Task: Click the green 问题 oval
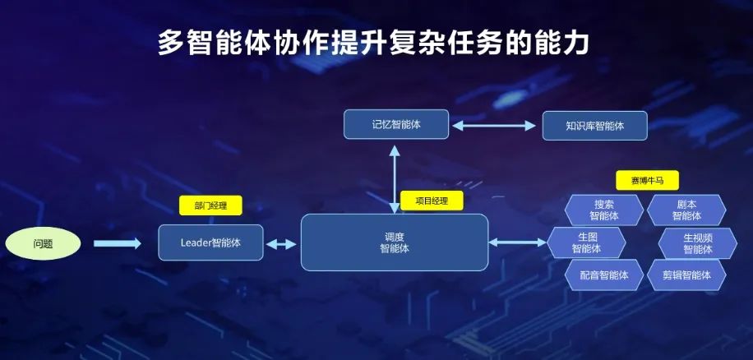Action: pos(43,243)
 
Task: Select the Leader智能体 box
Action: pos(210,242)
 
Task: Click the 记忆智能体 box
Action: pos(396,125)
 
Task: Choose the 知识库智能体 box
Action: pos(594,126)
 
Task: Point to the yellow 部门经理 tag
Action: pos(210,206)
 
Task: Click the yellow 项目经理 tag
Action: pos(432,201)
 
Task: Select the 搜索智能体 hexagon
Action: pos(604,210)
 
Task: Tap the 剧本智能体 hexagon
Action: pos(686,210)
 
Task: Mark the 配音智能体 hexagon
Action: pos(604,275)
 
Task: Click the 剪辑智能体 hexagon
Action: pos(686,275)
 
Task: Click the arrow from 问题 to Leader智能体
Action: pos(117,243)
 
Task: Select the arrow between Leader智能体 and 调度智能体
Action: pos(282,243)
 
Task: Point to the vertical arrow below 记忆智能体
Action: pos(395,176)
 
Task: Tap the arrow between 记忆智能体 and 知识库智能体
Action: pos(494,126)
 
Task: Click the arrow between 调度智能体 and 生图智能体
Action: pos(518,242)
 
